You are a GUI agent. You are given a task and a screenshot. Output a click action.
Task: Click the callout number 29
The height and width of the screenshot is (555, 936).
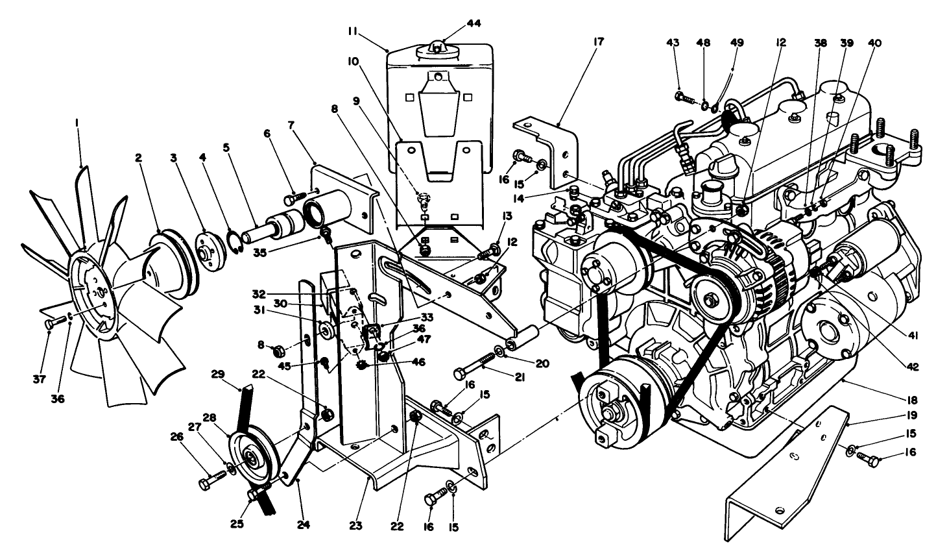218,375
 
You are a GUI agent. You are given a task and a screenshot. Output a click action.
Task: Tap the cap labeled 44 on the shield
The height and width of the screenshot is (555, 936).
439,47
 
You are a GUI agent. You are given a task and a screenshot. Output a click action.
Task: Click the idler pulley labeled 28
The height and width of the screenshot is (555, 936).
249,460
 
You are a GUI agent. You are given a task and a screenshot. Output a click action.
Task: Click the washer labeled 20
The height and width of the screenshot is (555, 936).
500,352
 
